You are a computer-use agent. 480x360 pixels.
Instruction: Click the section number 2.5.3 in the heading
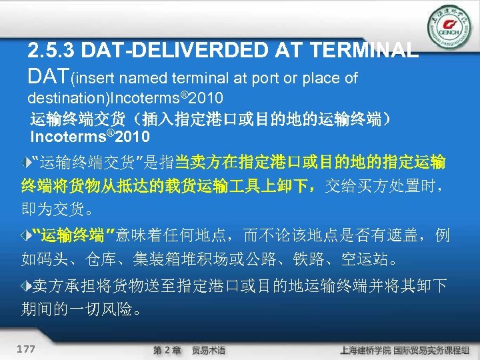(x=53, y=50)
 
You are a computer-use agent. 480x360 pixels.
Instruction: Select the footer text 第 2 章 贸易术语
(x=189, y=350)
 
